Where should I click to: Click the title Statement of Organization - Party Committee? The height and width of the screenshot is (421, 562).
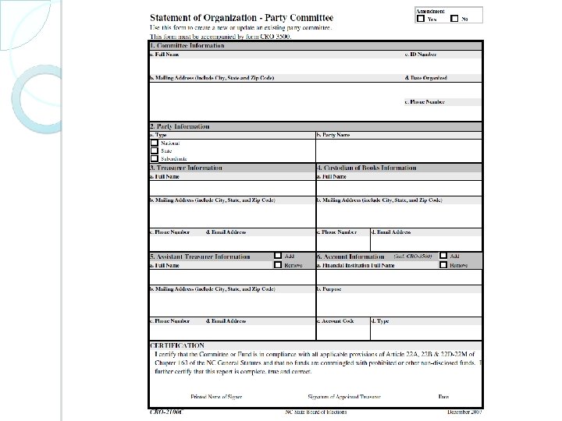pyautogui.click(x=241, y=17)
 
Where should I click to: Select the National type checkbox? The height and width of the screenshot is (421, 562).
pyautogui.click(x=154, y=143)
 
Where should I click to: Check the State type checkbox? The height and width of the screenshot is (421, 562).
pyautogui.click(x=154, y=151)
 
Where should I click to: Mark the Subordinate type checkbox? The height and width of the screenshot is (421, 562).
pyautogui.click(x=154, y=159)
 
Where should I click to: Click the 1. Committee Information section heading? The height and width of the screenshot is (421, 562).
pyautogui.click(x=187, y=46)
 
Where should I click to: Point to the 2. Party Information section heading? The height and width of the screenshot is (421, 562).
pyautogui.click(x=180, y=126)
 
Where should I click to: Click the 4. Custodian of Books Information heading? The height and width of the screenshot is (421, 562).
pyautogui.click(x=366, y=168)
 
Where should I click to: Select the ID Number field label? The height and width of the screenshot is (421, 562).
pyautogui.click(x=421, y=55)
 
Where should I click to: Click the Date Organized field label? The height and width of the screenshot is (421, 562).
pyautogui.click(x=425, y=78)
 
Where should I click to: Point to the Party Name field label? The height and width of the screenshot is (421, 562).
pyautogui.click(x=333, y=135)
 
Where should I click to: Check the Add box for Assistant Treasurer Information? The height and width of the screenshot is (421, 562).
pyautogui.click(x=277, y=256)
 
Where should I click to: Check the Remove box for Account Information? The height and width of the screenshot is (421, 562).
pyautogui.click(x=443, y=265)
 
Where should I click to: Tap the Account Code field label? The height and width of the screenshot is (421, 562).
pyautogui.click(x=336, y=320)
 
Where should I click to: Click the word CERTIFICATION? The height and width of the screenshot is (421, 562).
pyautogui.click(x=177, y=345)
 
